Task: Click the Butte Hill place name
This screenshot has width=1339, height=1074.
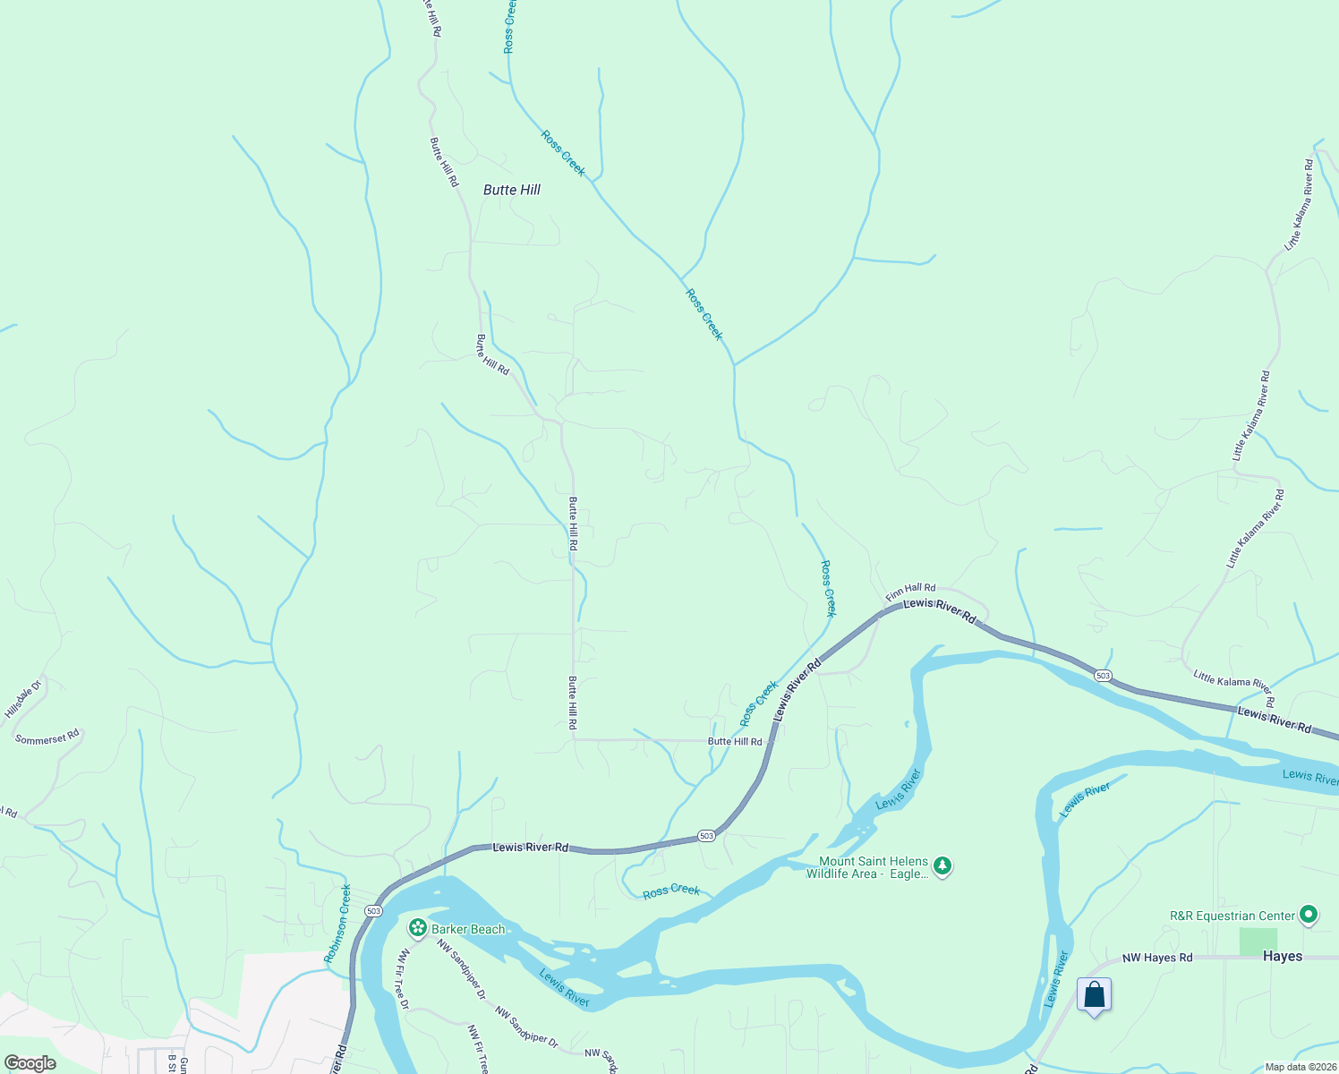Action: (x=512, y=190)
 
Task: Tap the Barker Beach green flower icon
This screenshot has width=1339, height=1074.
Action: (x=416, y=928)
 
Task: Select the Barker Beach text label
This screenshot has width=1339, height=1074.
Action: (x=468, y=929)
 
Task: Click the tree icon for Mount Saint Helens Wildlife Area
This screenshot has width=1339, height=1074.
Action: (x=942, y=866)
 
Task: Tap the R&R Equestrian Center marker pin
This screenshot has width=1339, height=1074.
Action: (x=1309, y=915)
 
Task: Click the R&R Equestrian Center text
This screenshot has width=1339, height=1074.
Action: (x=1232, y=916)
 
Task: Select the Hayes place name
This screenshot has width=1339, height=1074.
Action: (x=1283, y=956)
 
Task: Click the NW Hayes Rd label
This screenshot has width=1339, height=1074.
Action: (x=1157, y=958)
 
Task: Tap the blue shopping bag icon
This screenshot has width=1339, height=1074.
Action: (x=1094, y=995)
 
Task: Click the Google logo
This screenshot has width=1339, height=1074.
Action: (x=30, y=1063)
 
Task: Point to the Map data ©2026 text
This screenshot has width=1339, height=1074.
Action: (x=1298, y=1067)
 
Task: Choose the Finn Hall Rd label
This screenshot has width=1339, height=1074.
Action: (x=910, y=592)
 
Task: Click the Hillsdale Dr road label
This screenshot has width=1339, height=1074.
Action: (x=23, y=699)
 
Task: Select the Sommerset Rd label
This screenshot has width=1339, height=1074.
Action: (x=47, y=737)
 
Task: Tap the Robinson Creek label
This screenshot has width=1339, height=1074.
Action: (x=337, y=924)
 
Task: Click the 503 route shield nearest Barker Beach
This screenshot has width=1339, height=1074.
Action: (x=373, y=911)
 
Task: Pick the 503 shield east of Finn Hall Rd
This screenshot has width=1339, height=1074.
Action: (x=1103, y=676)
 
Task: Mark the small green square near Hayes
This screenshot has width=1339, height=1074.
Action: (x=1258, y=941)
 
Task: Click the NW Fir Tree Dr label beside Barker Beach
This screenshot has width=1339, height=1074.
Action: (x=403, y=980)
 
